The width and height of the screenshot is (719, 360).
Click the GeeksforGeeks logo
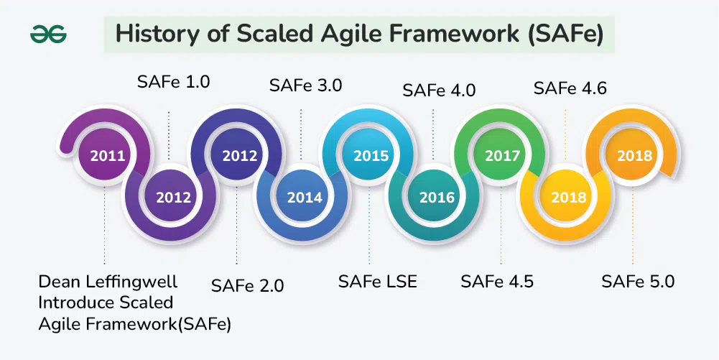pyautogui.click(x=48, y=35)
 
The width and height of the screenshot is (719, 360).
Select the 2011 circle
pyautogui.click(x=107, y=155)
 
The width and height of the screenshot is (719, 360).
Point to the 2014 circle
pyautogui.click(x=305, y=198)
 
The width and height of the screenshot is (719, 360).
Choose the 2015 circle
pyautogui.click(x=371, y=155)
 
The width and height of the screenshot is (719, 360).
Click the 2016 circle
pyautogui.click(x=437, y=198)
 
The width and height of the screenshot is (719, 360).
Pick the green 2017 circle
pyautogui.click(x=503, y=155)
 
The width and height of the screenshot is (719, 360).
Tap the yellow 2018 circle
pyautogui.click(x=569, y=198)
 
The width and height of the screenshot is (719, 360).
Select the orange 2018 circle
pyautogui.click(x=635, y=155)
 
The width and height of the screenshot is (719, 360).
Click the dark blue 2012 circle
pyautogui.click(x=239, y=155)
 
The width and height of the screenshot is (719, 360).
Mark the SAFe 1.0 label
pyautogui.click(x=173, y=82)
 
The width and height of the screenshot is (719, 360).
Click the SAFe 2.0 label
pyautogui.click(x=248, y=286)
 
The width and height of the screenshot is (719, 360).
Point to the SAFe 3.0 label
pyautogui.click(x=306, y=86)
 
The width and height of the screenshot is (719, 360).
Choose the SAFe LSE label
pyautogui.click(x=378, y=281)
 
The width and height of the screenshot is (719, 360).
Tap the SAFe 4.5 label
pyautogui.click(x=497, y=281)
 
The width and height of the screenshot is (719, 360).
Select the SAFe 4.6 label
pyautogui.click(x=570, y=88)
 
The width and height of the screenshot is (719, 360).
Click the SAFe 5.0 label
pyautogui.click(x=638, y=281)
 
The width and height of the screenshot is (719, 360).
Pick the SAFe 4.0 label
pyautogui.click(x=439, y=91)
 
